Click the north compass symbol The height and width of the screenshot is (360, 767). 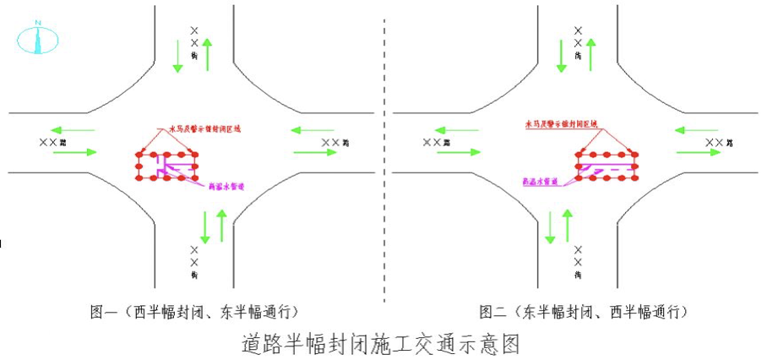tap(38, 37)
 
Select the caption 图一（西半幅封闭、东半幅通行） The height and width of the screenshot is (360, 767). tap(193, 312)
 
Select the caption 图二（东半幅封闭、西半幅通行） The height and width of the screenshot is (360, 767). tap(582, 312)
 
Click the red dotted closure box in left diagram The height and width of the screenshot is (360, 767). tap(168, 166)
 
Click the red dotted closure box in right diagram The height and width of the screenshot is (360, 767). tap(606, 166)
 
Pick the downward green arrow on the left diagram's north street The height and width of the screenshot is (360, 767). tap(177, 55)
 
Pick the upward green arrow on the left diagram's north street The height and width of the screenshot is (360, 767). tap(206, 52)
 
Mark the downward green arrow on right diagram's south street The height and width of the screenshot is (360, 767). tap(551, 226)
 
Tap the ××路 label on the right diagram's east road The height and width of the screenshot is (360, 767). tap(721, 142)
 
